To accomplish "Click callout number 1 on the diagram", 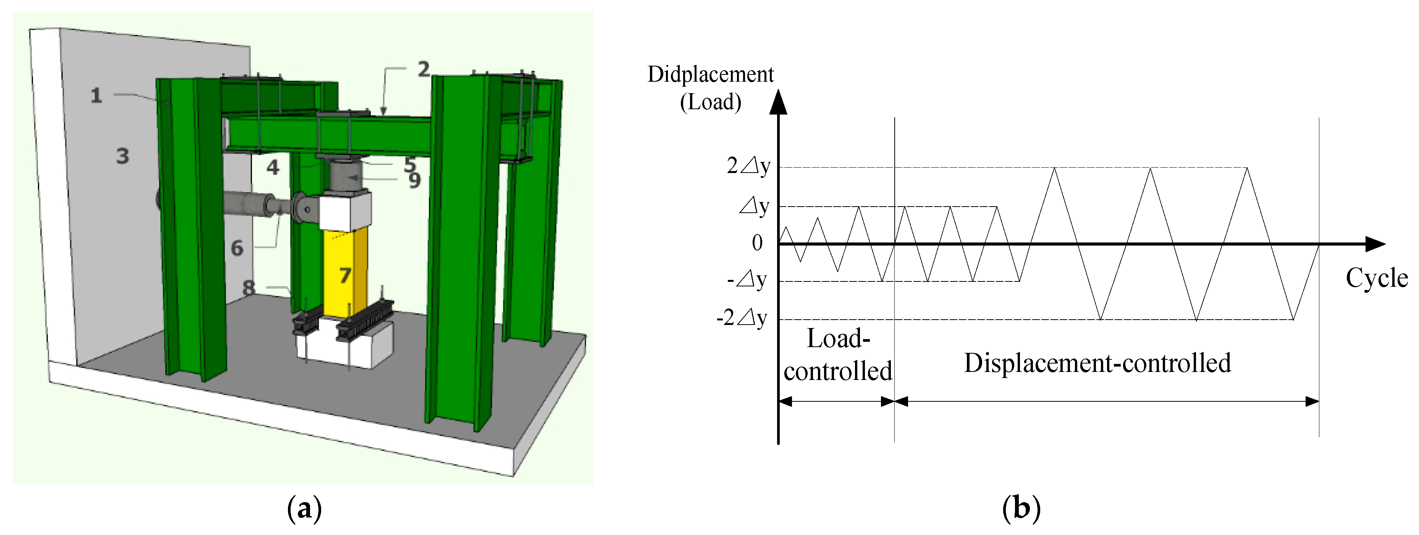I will point(96,95).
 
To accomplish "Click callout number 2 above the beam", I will point(423,70).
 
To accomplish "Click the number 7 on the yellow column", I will point(345,275).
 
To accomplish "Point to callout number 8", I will point(249,288).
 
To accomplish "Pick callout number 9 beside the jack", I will point(415,180).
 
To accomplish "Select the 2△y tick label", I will point(748,165).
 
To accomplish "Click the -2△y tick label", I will point(742,318).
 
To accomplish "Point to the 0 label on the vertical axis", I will point(758,243).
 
